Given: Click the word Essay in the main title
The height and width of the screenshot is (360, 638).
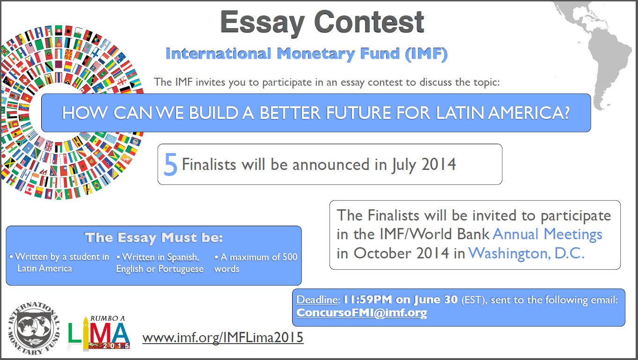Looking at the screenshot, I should (262, 22).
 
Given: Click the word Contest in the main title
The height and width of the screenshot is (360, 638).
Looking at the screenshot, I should (369, 22).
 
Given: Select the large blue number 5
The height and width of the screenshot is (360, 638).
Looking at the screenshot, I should (170, 165).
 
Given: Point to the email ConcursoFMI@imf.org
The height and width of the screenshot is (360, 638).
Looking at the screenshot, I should (361, 313).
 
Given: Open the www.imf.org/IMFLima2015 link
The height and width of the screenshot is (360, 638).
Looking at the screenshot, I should (223, 337).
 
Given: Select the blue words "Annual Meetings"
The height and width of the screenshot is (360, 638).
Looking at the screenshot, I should (547, 234).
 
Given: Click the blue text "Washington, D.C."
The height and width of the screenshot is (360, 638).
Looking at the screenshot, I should (527, 253).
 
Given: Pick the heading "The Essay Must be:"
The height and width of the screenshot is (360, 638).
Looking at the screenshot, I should (154, 237).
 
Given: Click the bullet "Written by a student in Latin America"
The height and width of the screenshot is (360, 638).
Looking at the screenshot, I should (60, 263).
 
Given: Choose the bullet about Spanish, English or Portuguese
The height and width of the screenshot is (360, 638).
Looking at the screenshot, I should (159, 263).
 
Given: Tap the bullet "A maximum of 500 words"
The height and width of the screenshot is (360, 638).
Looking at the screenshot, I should (256, 263).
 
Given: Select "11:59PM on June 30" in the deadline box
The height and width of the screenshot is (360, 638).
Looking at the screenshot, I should (400, 300).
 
